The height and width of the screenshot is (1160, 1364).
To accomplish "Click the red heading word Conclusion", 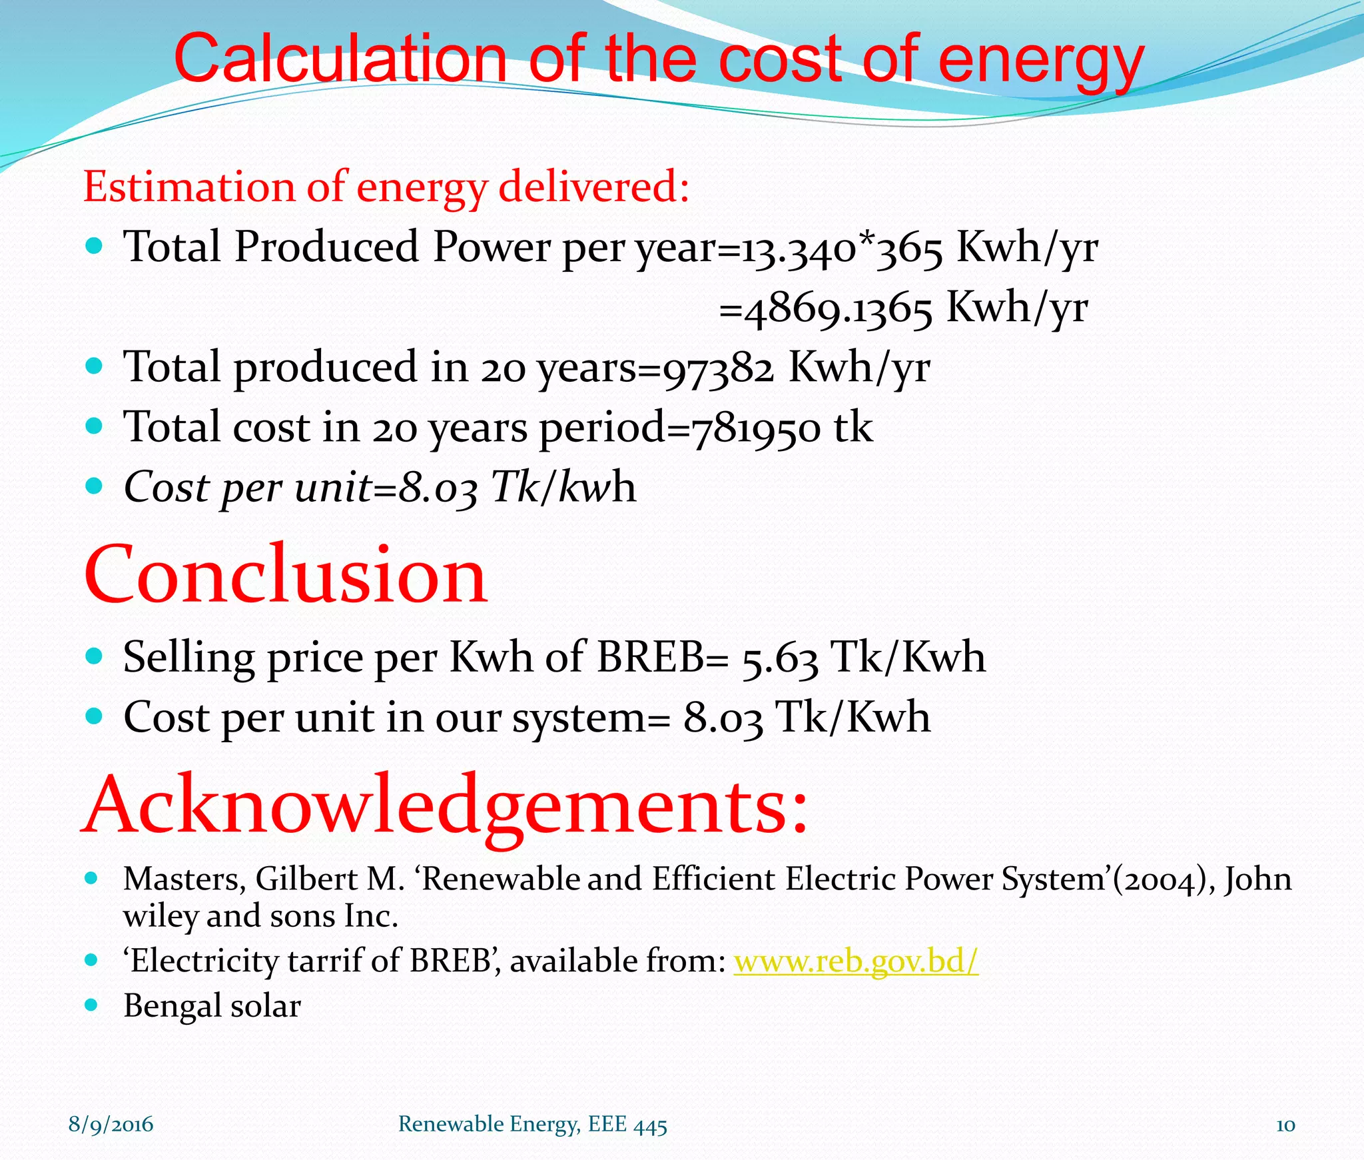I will [x=286, y=574].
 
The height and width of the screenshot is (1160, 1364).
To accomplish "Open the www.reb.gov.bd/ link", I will [x=856, y=961].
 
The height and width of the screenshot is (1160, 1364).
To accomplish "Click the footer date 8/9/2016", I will [x=111, y=1125].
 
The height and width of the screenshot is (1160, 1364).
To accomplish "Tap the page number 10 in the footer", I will [x=1285, y=1125].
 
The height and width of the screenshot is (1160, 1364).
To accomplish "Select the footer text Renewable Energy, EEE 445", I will [x=532, y=1125].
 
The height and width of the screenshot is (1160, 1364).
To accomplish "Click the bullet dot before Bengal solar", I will [x=93, y=1005].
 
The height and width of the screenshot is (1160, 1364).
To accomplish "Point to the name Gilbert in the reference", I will [x=306, y=879].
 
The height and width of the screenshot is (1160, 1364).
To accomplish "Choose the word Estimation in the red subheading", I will [x=188, y=187].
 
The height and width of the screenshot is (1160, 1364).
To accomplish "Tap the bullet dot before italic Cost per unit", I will [x=94, y=486].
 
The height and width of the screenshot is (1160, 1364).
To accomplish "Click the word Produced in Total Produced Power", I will [x=326, y=247].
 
